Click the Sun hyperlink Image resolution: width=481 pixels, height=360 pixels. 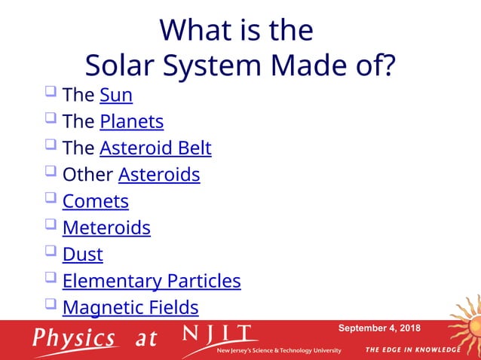pos(115,95)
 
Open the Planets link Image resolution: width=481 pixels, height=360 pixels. pos(131,121)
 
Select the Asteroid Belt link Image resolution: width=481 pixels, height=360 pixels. pos(155,148)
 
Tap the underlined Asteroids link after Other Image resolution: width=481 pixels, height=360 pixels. pos(158,175)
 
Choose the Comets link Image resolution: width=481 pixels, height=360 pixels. pos(95,201)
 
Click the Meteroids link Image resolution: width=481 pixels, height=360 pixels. pos(106,227)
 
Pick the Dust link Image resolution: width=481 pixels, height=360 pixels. pos(82,254)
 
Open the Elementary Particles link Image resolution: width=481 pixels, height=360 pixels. pos(151,281)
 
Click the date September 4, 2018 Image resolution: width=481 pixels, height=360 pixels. pos(379,328)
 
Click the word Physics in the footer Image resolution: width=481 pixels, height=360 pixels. pos(74,337)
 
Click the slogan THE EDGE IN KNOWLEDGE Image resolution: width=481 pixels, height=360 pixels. pos(412,349)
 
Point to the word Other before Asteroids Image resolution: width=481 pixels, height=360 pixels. pos(87,175)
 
